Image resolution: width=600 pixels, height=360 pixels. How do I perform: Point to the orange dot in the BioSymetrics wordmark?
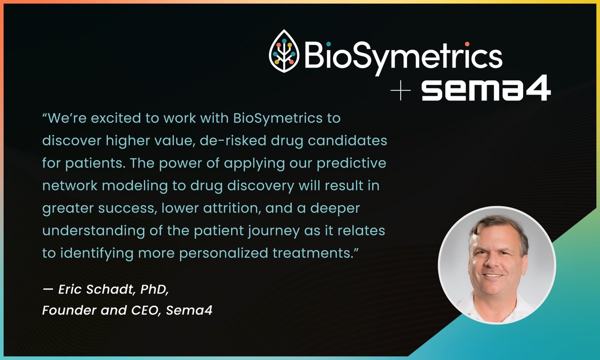(x=466, y=43)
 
